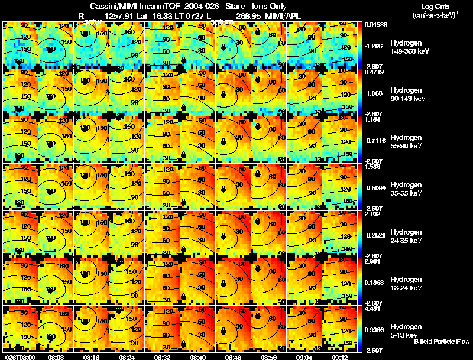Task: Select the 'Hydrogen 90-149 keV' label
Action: click(x=407, y=95)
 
